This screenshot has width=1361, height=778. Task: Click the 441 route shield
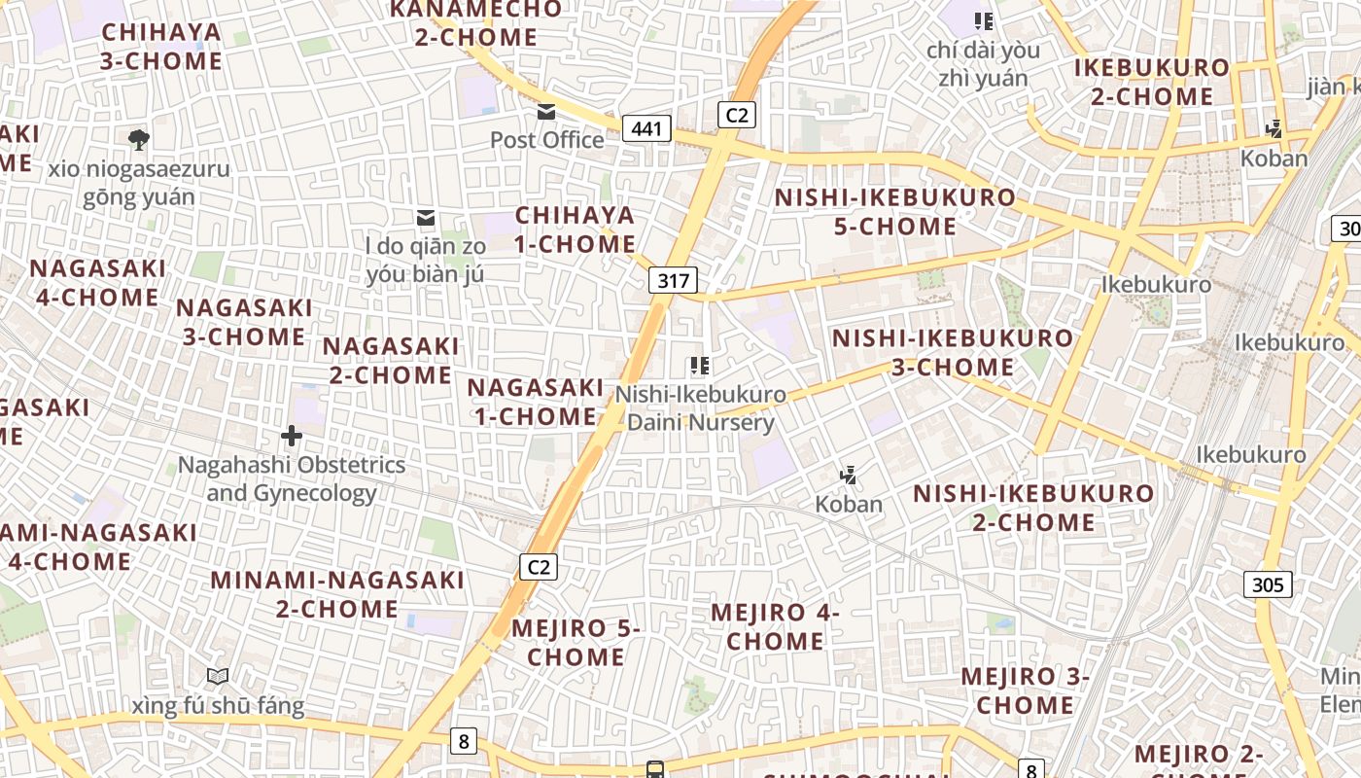tap(646, 128)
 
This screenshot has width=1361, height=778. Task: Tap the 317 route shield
tap(673, 281)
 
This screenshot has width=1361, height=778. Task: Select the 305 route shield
tap(1268, 584)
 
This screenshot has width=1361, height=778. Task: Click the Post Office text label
tap(546, 140)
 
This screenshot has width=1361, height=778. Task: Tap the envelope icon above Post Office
tap(546, 112)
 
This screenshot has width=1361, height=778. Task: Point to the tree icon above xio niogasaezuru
tap(139, 139)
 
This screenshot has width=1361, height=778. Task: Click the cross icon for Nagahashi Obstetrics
tap(291, 436)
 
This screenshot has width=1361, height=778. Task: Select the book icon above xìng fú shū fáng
tap(218, 676)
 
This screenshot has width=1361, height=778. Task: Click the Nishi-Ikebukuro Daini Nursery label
tap(700, 408)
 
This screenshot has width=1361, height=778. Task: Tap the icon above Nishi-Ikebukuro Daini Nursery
tap(699, 366)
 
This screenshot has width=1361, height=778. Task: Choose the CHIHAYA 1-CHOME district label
tap(575, 230)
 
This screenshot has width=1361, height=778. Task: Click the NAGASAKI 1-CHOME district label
tap(535, 402)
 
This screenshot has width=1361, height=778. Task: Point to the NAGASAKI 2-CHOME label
tap(391, 360)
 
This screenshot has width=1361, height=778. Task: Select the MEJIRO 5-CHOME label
tap(576, 642)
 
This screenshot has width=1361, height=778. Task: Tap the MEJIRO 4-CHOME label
tap(775, 626)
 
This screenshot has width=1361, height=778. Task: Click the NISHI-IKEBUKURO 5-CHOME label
tap(894, 212)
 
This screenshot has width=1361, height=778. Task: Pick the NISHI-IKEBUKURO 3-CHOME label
tap(953, 352)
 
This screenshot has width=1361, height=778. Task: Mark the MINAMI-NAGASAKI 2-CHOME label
tap(337, 594)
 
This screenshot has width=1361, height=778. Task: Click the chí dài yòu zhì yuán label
tap(983, 64)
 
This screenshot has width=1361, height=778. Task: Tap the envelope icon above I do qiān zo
tap(426, 217)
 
